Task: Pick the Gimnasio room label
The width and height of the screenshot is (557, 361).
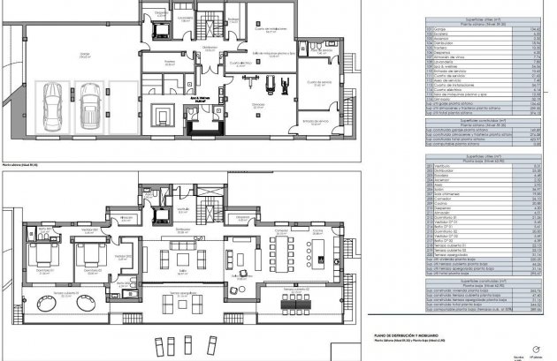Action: [257, 103]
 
